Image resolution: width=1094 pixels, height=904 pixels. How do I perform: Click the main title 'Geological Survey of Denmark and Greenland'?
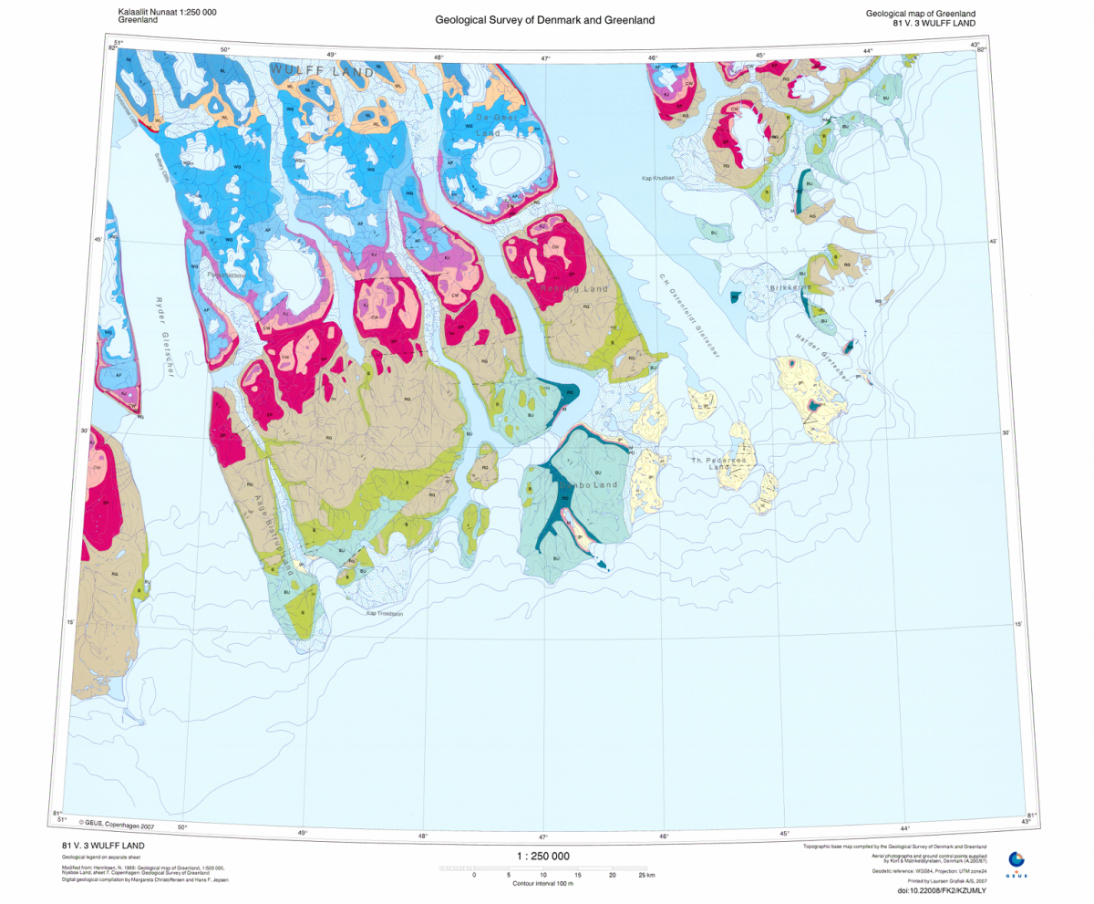[x=544, y=20]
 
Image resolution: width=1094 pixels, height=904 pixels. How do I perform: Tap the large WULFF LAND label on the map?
[x=322, y=71]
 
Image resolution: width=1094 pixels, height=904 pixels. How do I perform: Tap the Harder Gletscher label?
[x=820, y=351]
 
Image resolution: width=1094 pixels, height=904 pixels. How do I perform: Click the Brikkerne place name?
[x=790, y=287]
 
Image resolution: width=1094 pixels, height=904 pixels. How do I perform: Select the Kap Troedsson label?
[x=384, y=613]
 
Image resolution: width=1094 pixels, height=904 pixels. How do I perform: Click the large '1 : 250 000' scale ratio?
[x=542, y=857]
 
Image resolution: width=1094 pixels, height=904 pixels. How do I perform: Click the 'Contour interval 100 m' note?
[x=542, y=884]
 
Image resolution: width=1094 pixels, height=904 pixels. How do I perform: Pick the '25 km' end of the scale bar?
[x=645, y=875]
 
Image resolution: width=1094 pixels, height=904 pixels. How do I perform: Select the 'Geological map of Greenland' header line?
[x=921, y=12]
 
